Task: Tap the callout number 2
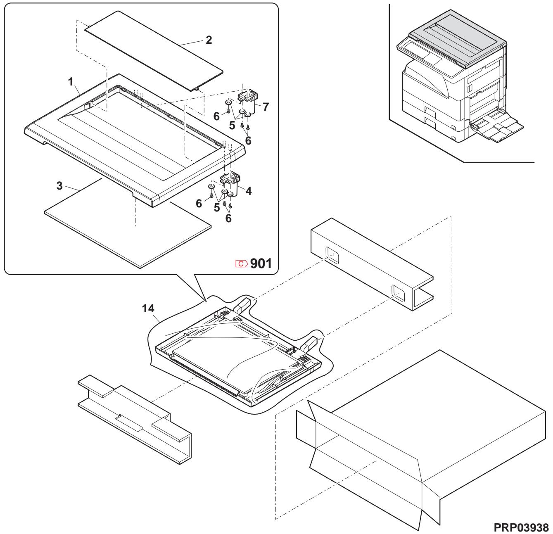[x=209, y=40]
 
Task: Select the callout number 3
[x=59, y=186]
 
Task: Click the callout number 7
[x=266, y=107]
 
